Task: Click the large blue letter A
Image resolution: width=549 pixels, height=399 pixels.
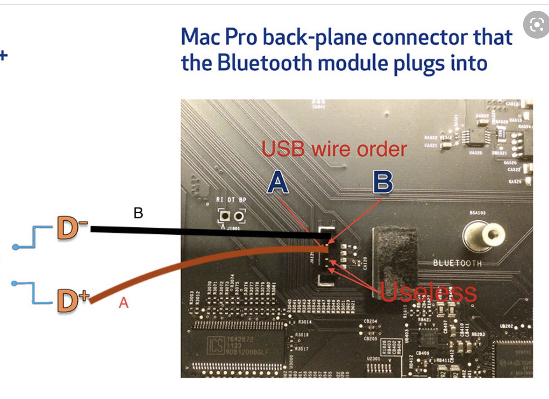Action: coord(278,182)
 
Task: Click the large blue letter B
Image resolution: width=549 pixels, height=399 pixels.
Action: coord(383,182)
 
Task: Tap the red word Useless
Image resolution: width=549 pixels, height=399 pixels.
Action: coord(428,292)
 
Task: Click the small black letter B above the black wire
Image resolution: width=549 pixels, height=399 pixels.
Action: coord(138,213)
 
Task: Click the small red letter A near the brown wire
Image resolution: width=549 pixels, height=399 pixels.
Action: coord(123,303)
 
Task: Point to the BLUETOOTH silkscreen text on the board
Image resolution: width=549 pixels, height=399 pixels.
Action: coord(457,263)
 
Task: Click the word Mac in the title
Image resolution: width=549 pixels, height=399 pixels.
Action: coord(200,37)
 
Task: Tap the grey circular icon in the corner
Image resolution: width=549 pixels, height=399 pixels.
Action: coord(536,25)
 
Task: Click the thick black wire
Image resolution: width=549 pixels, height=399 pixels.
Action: coord(206,232)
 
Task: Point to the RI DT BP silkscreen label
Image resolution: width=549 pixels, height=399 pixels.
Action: coord(231,200)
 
